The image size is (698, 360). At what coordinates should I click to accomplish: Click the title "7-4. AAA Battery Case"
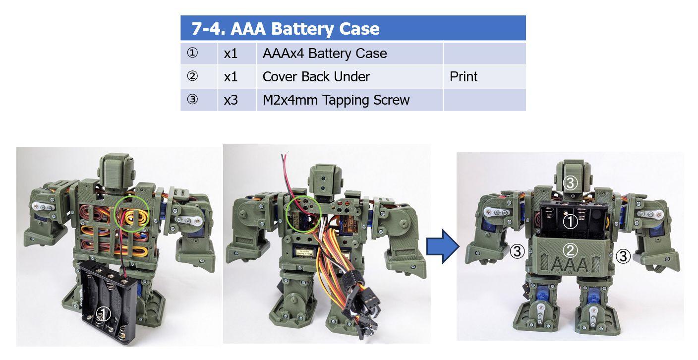point(286,28)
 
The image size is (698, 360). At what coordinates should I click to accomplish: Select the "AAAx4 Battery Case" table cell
point(349,54)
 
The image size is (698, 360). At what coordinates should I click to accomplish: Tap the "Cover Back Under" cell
point(349,77)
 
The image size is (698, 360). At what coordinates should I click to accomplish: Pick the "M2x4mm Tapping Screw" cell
point(349,100)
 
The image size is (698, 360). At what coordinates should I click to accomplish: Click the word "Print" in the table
point(464,77)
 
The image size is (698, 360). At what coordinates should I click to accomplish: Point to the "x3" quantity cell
point(237,100)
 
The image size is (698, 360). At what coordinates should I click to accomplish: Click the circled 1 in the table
point(192,53)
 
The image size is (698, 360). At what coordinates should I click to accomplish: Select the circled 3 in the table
point(192,100)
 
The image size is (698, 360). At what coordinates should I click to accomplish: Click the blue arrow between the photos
point(443,246)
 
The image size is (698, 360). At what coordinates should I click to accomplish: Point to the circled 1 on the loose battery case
point(104,313)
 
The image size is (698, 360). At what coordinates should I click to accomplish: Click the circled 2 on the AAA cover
point(570,250)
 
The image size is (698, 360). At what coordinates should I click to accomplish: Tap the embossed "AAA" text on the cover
point(570,265)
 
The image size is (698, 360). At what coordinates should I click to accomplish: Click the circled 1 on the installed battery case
point(570,222)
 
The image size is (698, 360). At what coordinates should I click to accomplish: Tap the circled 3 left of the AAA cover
point(517,251)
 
